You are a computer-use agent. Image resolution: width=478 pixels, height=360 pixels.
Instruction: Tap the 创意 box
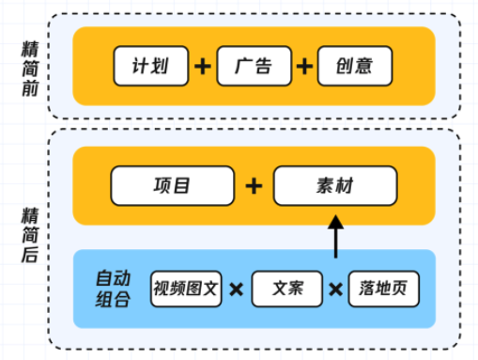(354, 66)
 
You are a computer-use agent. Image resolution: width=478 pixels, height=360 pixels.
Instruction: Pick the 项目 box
(172, 186)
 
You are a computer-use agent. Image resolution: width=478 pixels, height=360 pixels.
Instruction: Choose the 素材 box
(336, 186)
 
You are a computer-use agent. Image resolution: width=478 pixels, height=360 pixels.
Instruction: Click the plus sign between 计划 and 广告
(203, 67)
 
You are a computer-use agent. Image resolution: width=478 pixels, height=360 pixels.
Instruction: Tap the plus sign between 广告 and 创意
(304, 67)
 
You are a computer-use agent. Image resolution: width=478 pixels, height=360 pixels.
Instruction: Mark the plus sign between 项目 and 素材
(254, 186)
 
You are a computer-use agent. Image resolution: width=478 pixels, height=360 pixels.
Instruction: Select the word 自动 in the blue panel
(113, 277)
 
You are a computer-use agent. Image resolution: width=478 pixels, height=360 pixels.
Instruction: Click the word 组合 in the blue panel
(113, 299)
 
